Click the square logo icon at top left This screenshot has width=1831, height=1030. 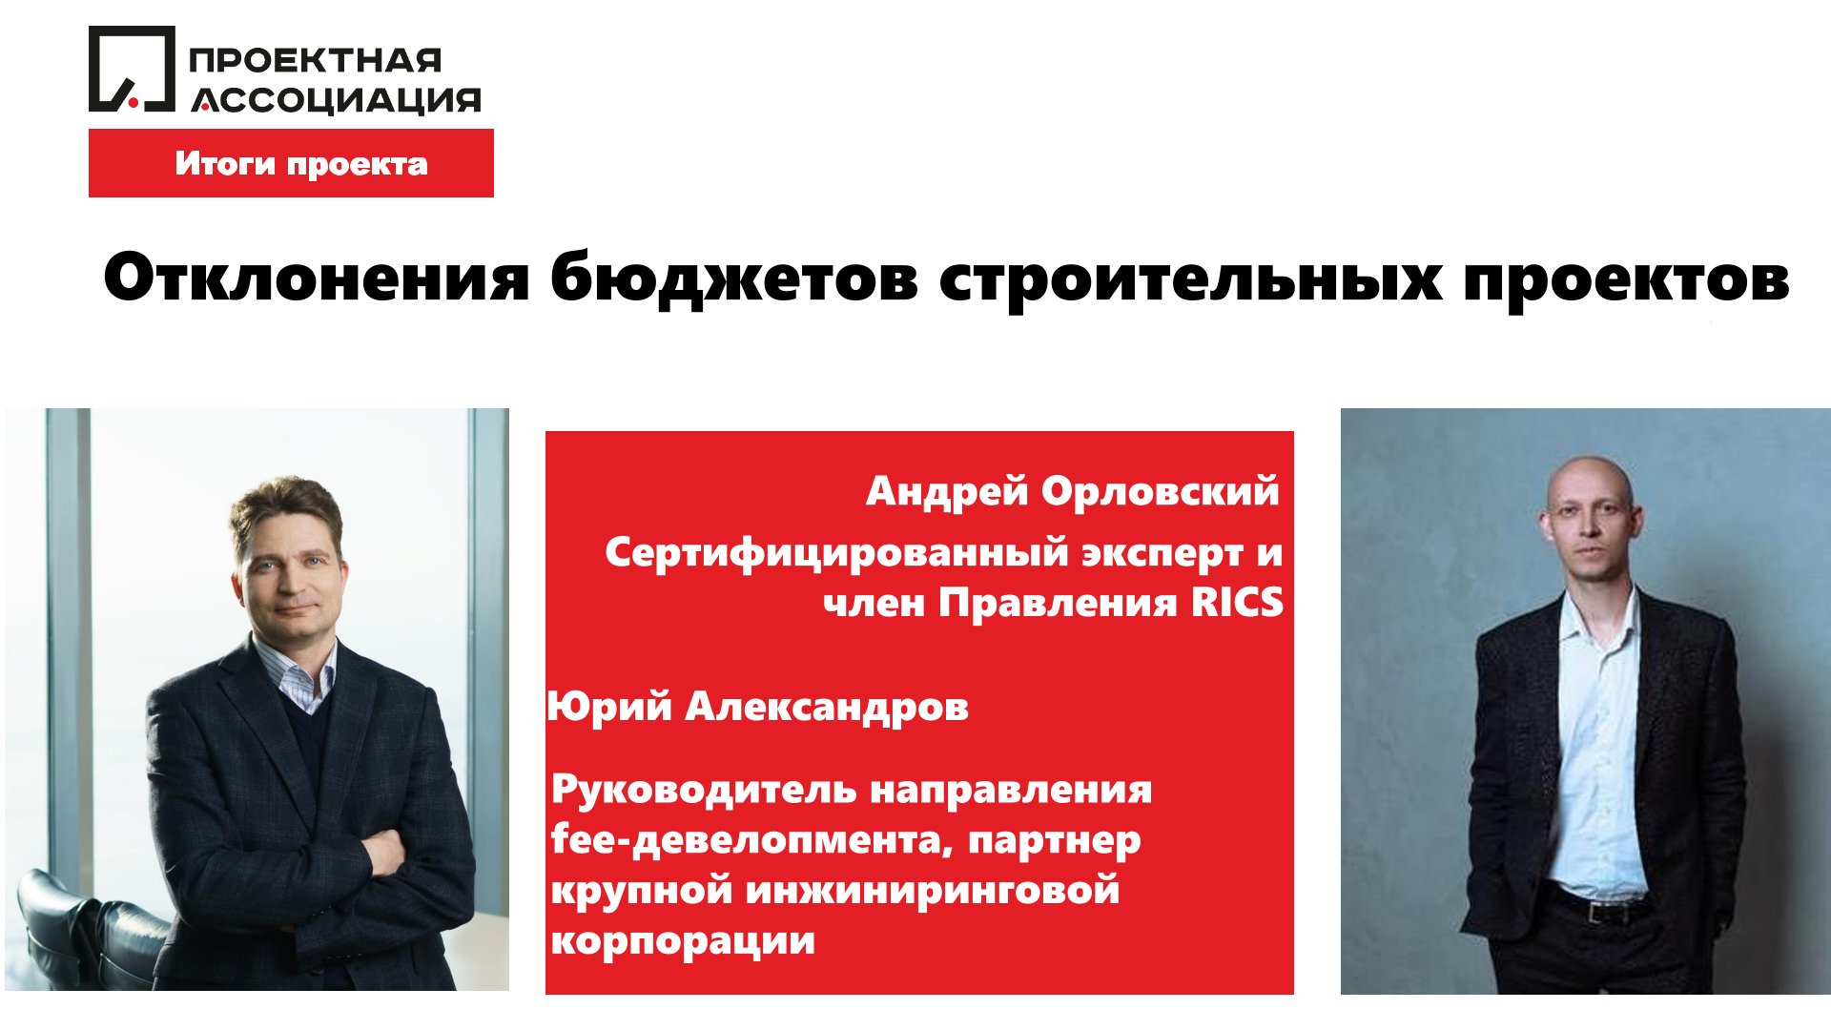coord(132,69)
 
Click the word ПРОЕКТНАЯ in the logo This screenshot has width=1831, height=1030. coord(316,60)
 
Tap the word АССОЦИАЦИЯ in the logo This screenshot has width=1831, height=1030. coord(336,99)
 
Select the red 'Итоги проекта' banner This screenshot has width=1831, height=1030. coord(291,163)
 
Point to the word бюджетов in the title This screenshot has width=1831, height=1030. coord(734,279)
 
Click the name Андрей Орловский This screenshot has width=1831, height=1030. coord(1072,491)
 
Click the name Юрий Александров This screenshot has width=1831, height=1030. coord(758,707)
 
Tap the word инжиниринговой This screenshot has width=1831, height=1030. coord(932,891)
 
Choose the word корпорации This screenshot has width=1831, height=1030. coord(683,941)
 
